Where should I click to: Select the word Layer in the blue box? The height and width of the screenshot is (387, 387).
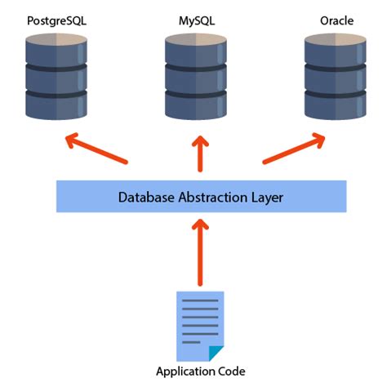[261, 197]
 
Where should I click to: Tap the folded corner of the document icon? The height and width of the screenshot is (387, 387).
[216, 352]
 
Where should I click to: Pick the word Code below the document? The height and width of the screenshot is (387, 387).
[231, 371]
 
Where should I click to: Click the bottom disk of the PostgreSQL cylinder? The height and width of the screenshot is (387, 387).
[56, 105]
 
